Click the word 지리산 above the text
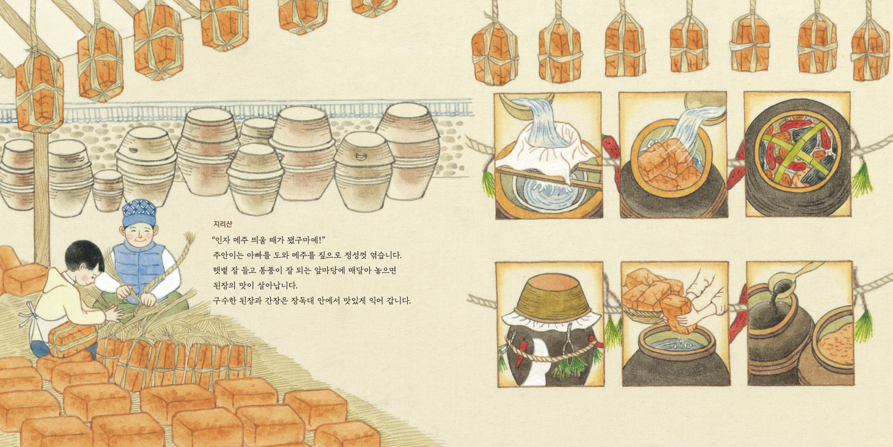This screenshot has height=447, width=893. (222, 224)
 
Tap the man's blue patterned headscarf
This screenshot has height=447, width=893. (139, 212)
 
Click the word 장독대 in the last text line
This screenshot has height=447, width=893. (302, 301)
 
